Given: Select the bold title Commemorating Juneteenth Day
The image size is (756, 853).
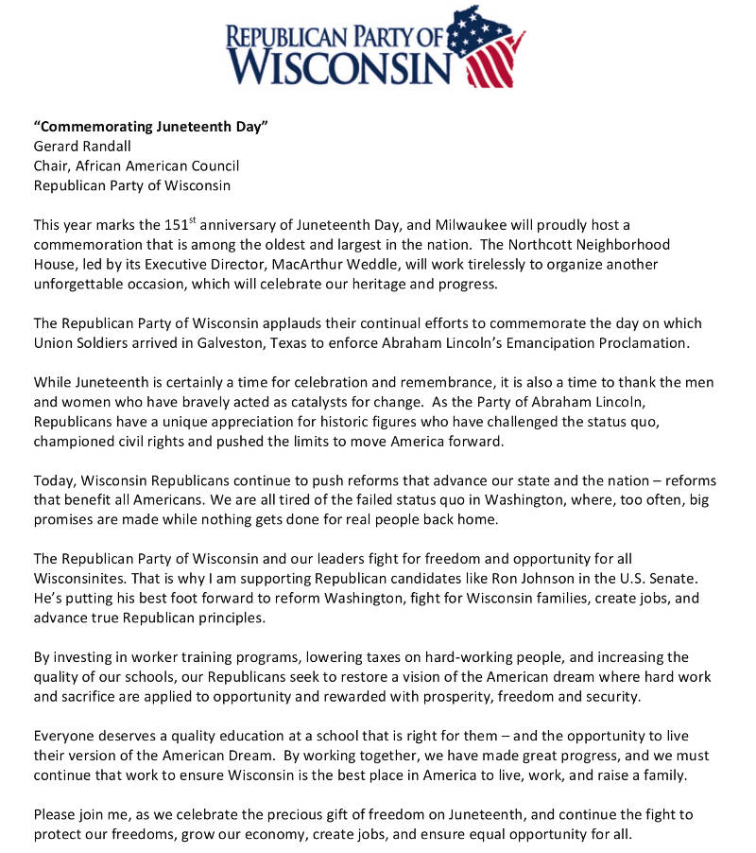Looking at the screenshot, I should pos(151,127).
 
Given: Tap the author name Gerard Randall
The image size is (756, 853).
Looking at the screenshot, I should pos(83,147).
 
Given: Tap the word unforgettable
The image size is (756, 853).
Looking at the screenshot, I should pos(81,284).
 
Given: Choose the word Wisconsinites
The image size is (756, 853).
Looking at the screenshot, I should pos(80,577).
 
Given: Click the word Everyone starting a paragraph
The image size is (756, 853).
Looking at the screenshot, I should pos(67,735).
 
